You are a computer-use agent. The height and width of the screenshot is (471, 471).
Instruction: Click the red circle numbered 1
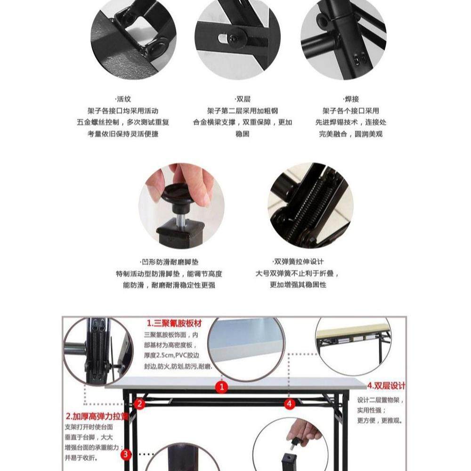(222, 387)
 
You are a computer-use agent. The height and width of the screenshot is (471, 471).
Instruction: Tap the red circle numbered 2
(139, 404)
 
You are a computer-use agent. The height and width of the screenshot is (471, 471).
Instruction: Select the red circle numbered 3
(126, 455)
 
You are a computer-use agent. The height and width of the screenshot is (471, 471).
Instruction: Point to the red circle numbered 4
(289, 404)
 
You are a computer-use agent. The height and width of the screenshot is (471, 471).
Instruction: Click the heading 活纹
(123, 99)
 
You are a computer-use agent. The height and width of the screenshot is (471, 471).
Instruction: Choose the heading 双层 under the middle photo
(243, 99)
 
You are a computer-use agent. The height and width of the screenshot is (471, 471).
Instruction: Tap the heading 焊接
(351, 99)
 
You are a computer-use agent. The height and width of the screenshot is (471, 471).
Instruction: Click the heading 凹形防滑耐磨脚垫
(169, 262)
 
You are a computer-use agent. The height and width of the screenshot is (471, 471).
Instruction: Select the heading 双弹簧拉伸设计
(298, 262)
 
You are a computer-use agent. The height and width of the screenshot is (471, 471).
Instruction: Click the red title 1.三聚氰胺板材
(174, 324)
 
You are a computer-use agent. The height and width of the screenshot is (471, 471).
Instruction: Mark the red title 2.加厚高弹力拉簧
(97, 416)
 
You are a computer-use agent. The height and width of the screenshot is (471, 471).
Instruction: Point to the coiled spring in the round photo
(309, 207)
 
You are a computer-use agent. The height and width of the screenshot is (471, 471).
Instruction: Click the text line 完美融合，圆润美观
(351, 134)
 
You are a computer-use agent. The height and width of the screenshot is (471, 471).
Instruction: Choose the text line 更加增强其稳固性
(298, 285)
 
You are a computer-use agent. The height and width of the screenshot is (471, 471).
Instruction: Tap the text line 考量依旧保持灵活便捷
(123, 134)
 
